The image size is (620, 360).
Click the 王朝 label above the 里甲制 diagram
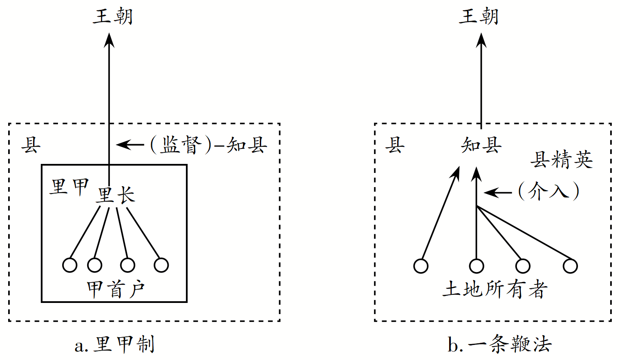(113, 17)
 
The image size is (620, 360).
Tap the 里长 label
(116, 196)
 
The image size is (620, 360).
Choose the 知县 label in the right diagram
(481, 146)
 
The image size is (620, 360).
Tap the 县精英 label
(562, 160)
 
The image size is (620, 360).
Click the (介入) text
(549, 192)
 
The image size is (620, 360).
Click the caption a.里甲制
(114, 345)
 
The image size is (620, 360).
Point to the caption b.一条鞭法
(499, 345)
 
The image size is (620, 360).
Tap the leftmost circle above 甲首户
(70, 265)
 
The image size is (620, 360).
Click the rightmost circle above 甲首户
(161, 265)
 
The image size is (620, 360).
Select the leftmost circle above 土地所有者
(421, 266)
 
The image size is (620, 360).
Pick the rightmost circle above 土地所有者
(570, 266)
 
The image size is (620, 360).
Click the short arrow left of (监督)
(131, 145)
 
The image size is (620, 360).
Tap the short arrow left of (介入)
(498, 193)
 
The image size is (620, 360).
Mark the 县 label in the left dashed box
(32, 146)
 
